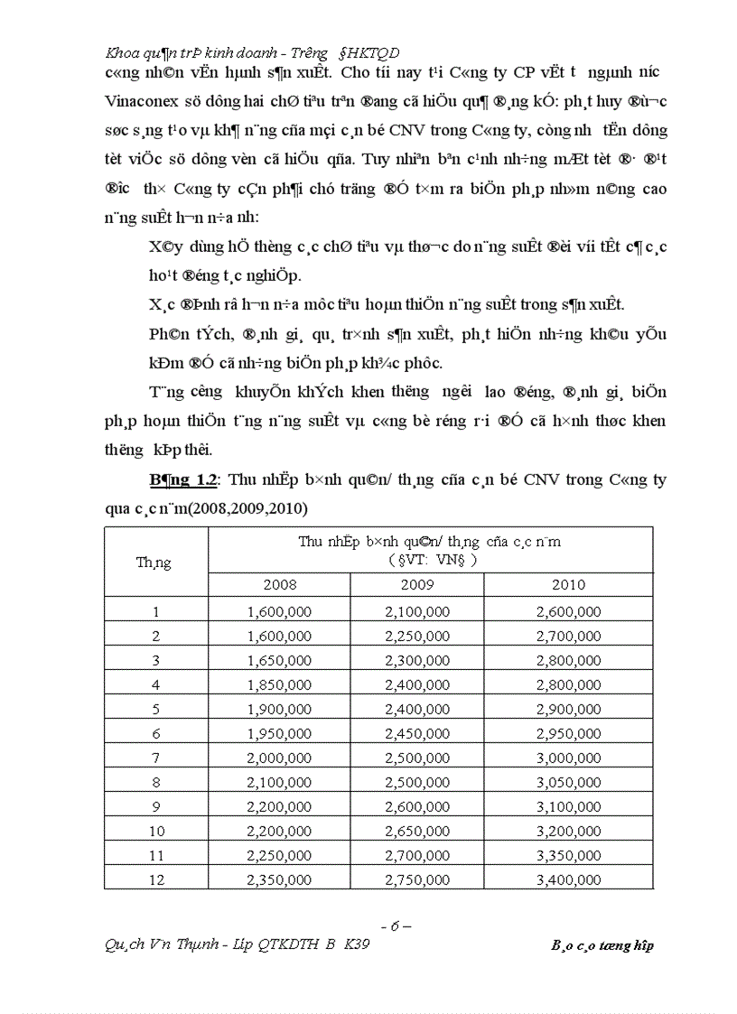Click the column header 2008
point(279,585)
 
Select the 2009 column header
point(416,585)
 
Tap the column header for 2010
point(568,585)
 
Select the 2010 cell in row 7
point(568,756)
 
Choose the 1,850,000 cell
point(279,684)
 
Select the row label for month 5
point(156,708)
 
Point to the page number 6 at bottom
point(395,926)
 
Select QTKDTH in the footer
point(270,945)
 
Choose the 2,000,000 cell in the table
point(279,756)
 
